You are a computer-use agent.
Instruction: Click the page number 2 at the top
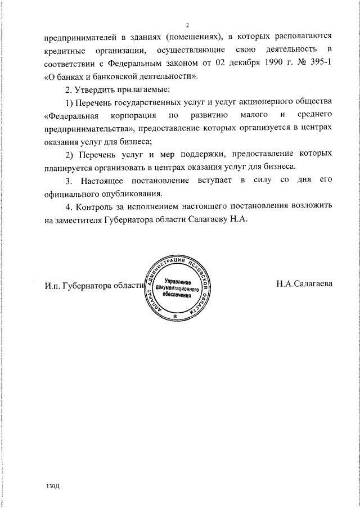[x=187, y=25]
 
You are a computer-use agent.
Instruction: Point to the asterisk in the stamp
[x=175, y=317]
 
